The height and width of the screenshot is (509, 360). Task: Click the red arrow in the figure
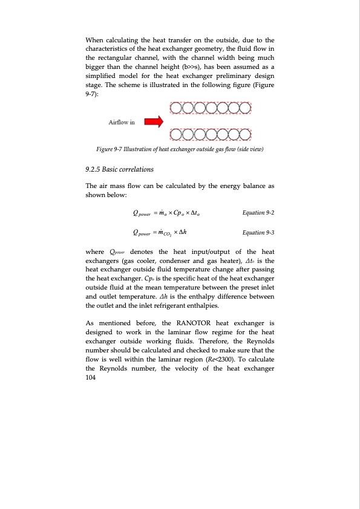(x=154, y=122)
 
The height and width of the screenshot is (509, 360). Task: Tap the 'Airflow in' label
(x=122, y=122)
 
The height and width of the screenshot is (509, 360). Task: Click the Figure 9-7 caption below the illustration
(x=180, y=150)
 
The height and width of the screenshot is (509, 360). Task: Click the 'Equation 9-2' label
(x=258, y=212)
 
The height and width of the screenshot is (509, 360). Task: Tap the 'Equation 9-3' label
(x=258, y=233)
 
